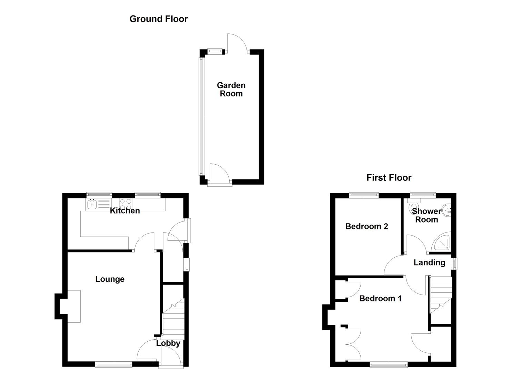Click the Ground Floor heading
[159, 19]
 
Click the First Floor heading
[389, 178]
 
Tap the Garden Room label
[231, 90]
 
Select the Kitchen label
[125, 211]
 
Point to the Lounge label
[110, 279]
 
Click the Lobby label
[168, 343]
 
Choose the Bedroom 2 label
[367, 226]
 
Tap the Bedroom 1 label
[380, 299]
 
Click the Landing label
[429, 263]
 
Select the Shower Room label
[426, 216]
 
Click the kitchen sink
[92, 205]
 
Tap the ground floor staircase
[173, 319]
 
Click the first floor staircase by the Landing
[440, 294]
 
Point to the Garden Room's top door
[237, 43]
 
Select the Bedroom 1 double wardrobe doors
[352, 344]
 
